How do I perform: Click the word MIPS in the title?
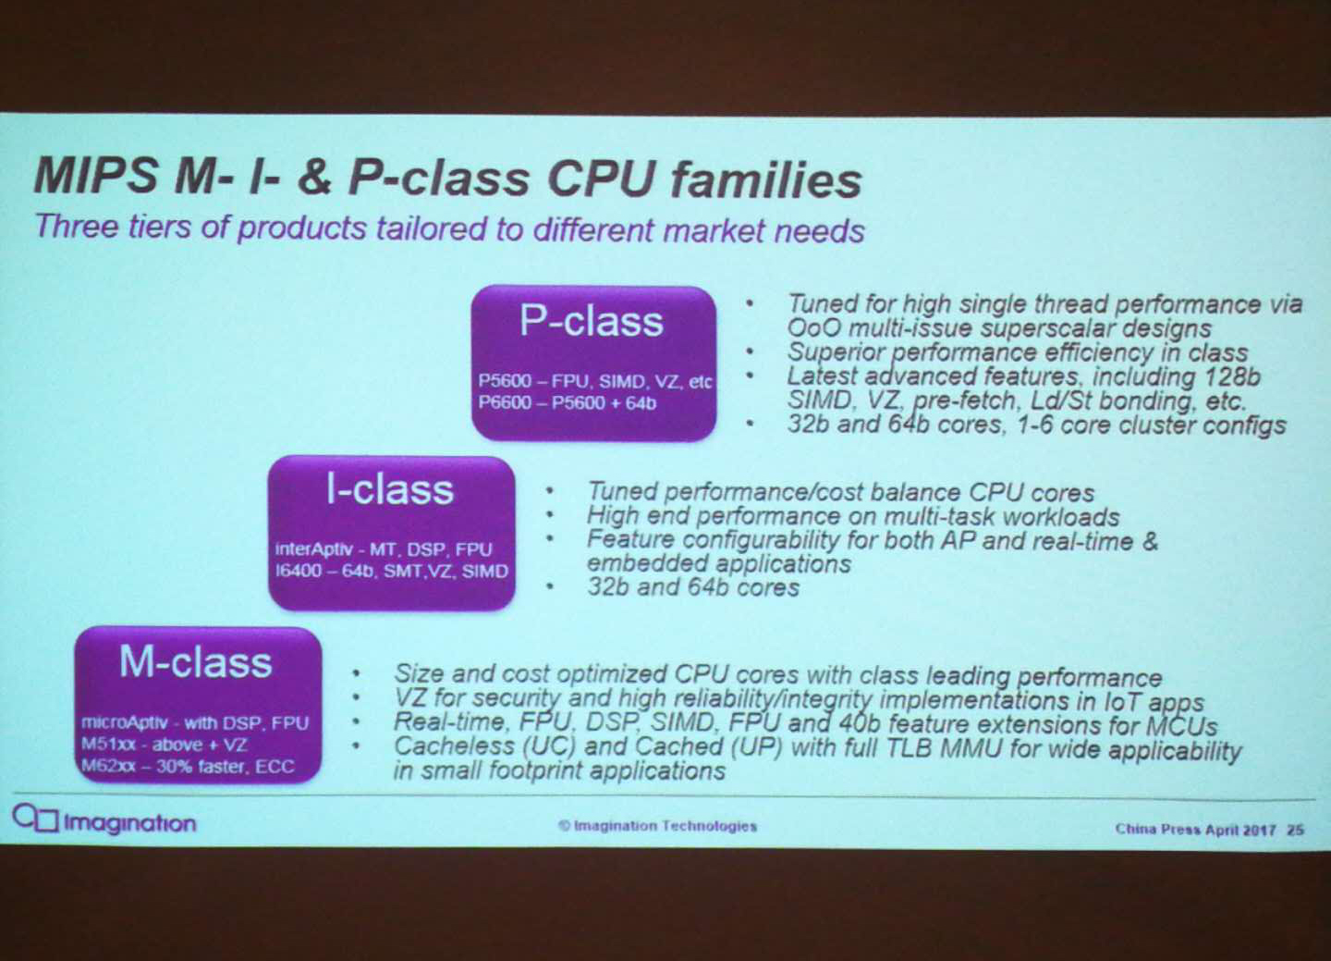[94, 176]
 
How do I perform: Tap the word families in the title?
[765, 179]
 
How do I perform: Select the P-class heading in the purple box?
[592, 322]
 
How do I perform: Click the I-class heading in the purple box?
[390, 490]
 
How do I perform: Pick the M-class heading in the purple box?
[196, 662]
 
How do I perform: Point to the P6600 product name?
[505, 403]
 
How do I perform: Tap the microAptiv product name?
[125, 723]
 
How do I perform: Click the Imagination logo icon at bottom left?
[36, 819]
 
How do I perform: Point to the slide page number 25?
[1295, 830]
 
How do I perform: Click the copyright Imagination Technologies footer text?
[658, 826]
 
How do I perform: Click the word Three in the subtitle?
[77, 227]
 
